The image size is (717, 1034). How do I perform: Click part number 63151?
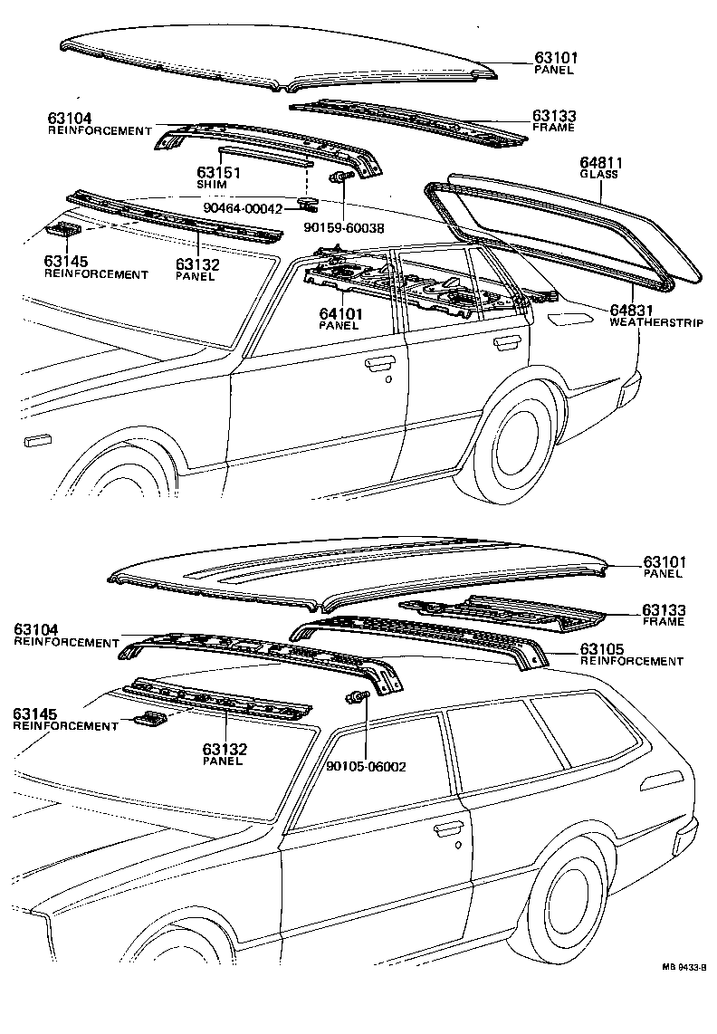click(x=217, y=172)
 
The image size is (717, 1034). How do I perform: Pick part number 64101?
click(x=340, y=313)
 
